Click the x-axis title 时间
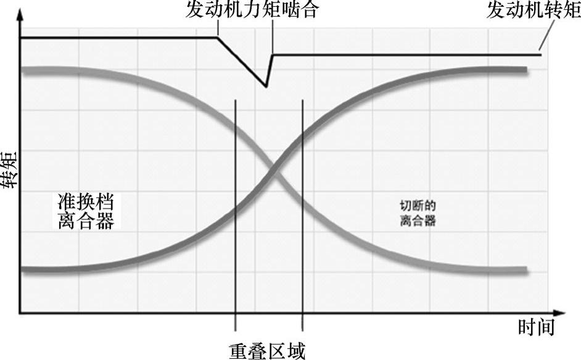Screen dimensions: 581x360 (536, 327)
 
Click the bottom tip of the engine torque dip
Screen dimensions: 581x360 (266, 86)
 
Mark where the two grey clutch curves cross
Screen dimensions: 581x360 (270, 167)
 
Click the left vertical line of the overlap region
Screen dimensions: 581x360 (235, 216)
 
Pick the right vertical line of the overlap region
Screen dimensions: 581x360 (302, 216)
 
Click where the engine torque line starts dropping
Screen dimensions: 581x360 (217, 38)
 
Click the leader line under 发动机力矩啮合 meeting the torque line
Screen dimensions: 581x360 (219, 28)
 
